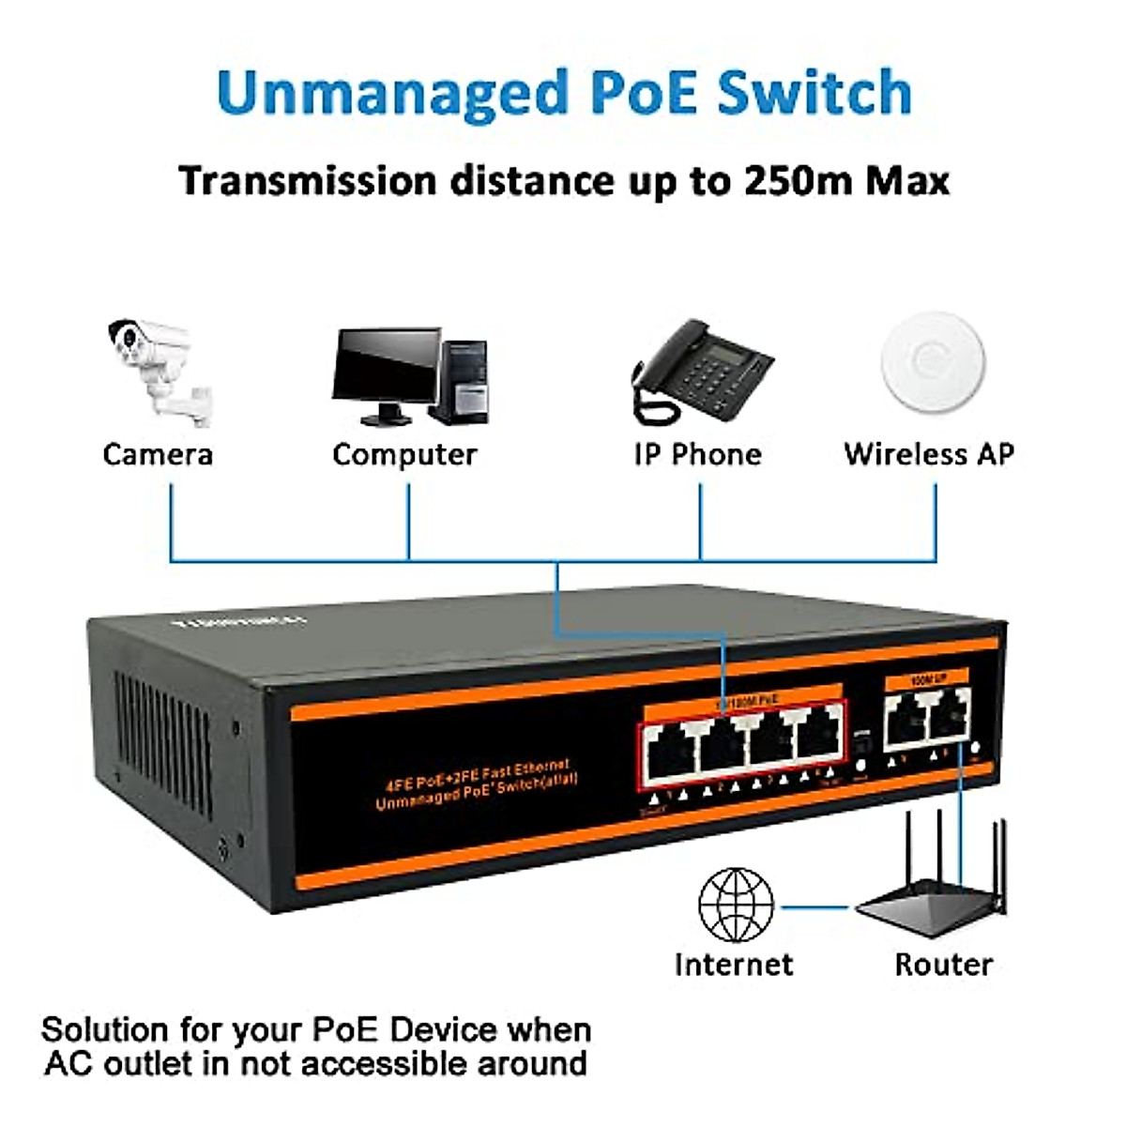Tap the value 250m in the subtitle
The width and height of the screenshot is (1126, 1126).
pyautogui.click(x=797, y=180)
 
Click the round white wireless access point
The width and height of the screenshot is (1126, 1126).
pyautogui.click(x=934, y=363)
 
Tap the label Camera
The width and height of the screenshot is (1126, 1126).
pyautogui.click(x=158, y=455)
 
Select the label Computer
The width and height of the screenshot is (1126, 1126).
pyautogui.click(x=404, y=455)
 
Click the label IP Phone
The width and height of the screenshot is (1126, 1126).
pyautogui.click(x=697, y=455)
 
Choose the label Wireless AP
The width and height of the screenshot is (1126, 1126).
pyautogui.click(x=929, y=455)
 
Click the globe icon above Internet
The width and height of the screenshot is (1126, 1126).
pyautogui.click(x=737, y=905)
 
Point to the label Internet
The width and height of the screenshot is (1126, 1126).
pyautogui.click(x=734, y=965)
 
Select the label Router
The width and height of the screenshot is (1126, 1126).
pyautogui.click(x=943, y=965)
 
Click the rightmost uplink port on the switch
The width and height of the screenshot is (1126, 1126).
pyautogui.click(x=949, y=718)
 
